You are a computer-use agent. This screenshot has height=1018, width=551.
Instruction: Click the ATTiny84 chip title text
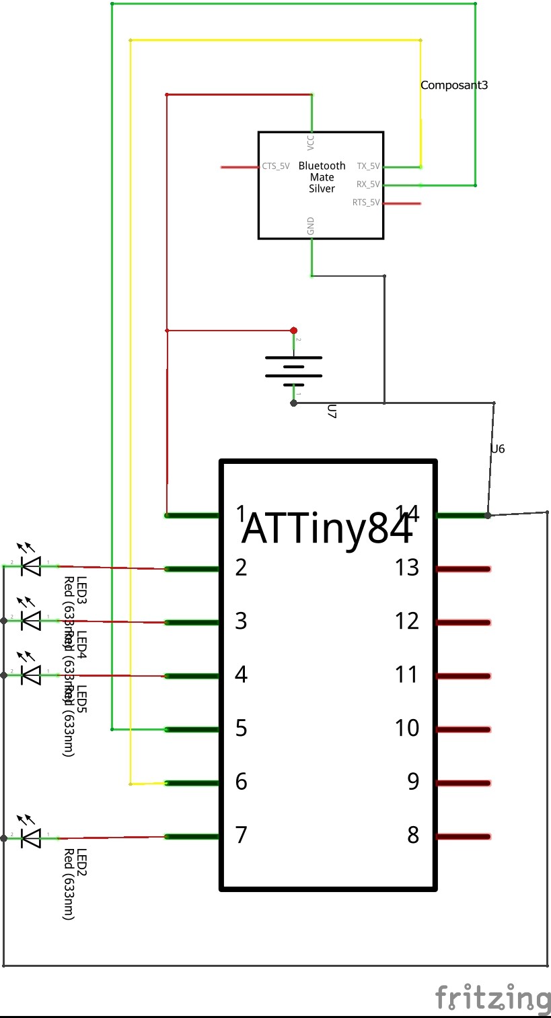pyautogui.click(x=327, y=529)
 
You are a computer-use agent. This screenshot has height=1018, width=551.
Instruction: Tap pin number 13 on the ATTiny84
pyautogui.click(x=407, y=568)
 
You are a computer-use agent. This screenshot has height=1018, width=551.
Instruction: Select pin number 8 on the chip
pyautogui.click(x=413, y=835)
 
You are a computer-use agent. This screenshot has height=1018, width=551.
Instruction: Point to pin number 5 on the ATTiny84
pyautogui.click(x=241, y=728)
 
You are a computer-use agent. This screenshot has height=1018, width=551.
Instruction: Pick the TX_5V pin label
pyautogui.click(x=368, y=166)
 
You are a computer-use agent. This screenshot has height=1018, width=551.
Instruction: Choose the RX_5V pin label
pyautogui.click(x=368, y=184)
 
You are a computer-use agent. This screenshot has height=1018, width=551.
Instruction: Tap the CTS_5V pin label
pyautogui.click(x=276, y=166)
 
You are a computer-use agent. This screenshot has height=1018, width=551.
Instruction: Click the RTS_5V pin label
pyautogui.click(x=366, y=203)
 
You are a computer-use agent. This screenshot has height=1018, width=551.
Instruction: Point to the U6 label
pyautogui.click(x=498, y=448)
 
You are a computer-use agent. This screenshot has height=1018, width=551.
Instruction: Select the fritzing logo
pyautogui.click(x=492, y=997)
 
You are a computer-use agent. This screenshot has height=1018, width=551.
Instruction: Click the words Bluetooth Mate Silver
pyautogui.click(x=322, y=177)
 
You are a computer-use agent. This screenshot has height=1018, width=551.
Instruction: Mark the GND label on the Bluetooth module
pyautogui.click(x=311, y=227)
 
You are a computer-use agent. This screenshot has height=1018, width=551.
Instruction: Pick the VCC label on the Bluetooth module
pyautogui.click(x=310, y=141)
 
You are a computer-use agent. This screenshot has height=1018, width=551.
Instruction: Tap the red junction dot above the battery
pyautogui.click(x=293, y=331)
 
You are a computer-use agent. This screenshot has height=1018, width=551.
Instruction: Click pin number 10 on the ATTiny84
pyautogui.click(x=407, y=728)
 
